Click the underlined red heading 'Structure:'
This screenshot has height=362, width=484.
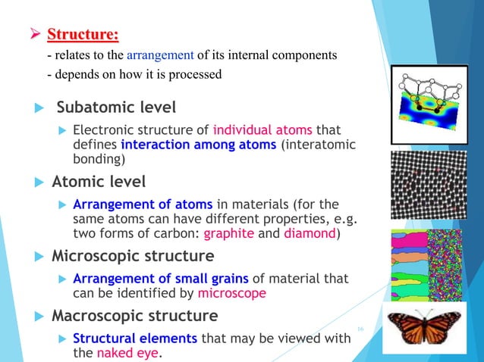click(x=83, y=35)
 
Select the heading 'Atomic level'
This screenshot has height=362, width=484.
click(x=99, y=182)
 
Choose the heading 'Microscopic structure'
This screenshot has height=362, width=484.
click(x=132, y=255)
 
